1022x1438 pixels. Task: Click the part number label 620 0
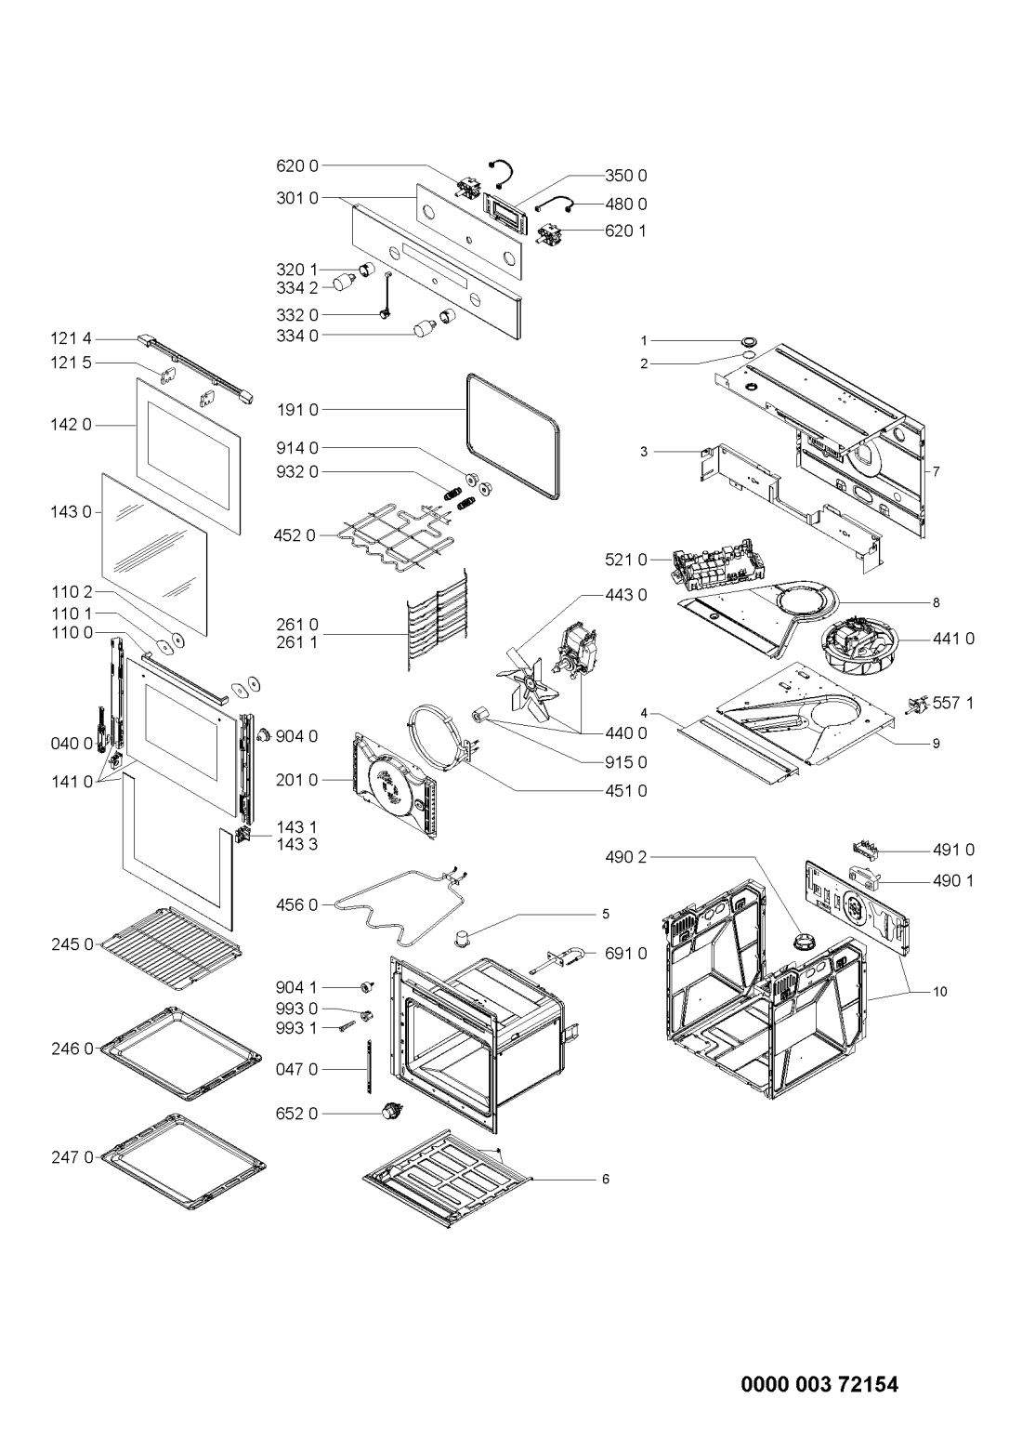[x=297, y=166]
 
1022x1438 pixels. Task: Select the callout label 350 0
[x=625, y=176]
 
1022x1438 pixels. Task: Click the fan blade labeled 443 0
[x=527, y=680]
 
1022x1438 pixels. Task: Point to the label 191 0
[x=297, y=410]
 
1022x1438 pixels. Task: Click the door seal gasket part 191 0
[x=513, y=437]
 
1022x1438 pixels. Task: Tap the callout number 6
[x=606, y=1180]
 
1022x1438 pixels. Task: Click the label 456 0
[x=297, y=905]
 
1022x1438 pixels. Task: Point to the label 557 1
[x=952, y=703]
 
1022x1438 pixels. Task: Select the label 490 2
[x=625, y=857]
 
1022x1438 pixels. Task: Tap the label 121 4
[x=72, y=338]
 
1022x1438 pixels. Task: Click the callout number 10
[x=940, y=992]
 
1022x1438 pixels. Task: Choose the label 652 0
[x=297, y=1114]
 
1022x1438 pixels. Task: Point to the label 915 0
[x=625, y=762]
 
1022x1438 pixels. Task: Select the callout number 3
[x=644, y=452]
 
